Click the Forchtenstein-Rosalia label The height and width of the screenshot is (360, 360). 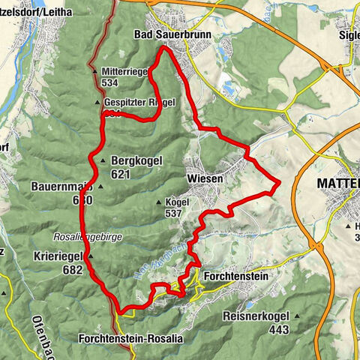pyautogui.click(x=130, y=339)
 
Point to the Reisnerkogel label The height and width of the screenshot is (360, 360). pyautogui.click(x=257, y=316)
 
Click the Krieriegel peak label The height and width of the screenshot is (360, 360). pyautogui.click(x=57, y=256)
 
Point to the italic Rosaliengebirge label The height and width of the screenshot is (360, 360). pyautogui.click(x=87, y=236)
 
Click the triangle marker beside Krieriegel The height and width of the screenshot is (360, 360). pyautogui.click(x=89, y=256)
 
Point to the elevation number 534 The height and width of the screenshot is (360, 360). pyautogui.click(x=111, y=82)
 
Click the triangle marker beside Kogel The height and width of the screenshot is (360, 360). pyautogui.click(x=158, y=202)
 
